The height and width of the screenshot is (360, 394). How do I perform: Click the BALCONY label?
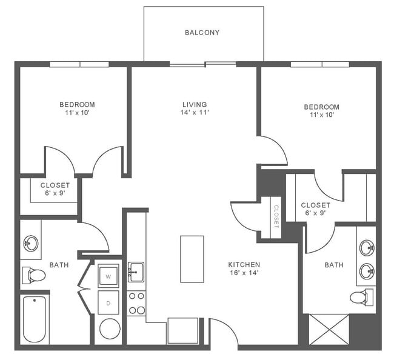click(202, 33)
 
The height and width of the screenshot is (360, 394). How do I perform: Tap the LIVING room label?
click(194, 104)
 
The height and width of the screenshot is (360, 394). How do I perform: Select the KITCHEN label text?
click(244, 265)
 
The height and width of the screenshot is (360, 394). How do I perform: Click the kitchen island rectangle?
click(192, 259)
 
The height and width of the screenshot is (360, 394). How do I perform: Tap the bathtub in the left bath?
click(35, 319)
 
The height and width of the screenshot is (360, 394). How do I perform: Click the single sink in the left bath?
click(30, 244)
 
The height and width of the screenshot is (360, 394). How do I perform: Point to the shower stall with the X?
click(329, 329)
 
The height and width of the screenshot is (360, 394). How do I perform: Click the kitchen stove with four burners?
click(137, 303)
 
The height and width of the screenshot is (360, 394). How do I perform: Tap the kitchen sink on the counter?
click(136, 272)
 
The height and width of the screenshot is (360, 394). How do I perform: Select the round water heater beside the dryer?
click(110, 329)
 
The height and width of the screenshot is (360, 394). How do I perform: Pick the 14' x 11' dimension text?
click(194, 113)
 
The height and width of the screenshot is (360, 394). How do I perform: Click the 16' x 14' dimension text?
click(244, 273)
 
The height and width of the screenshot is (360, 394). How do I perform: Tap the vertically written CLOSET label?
click(276, 216)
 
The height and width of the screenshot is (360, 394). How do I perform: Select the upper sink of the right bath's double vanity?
click(366, 247)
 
